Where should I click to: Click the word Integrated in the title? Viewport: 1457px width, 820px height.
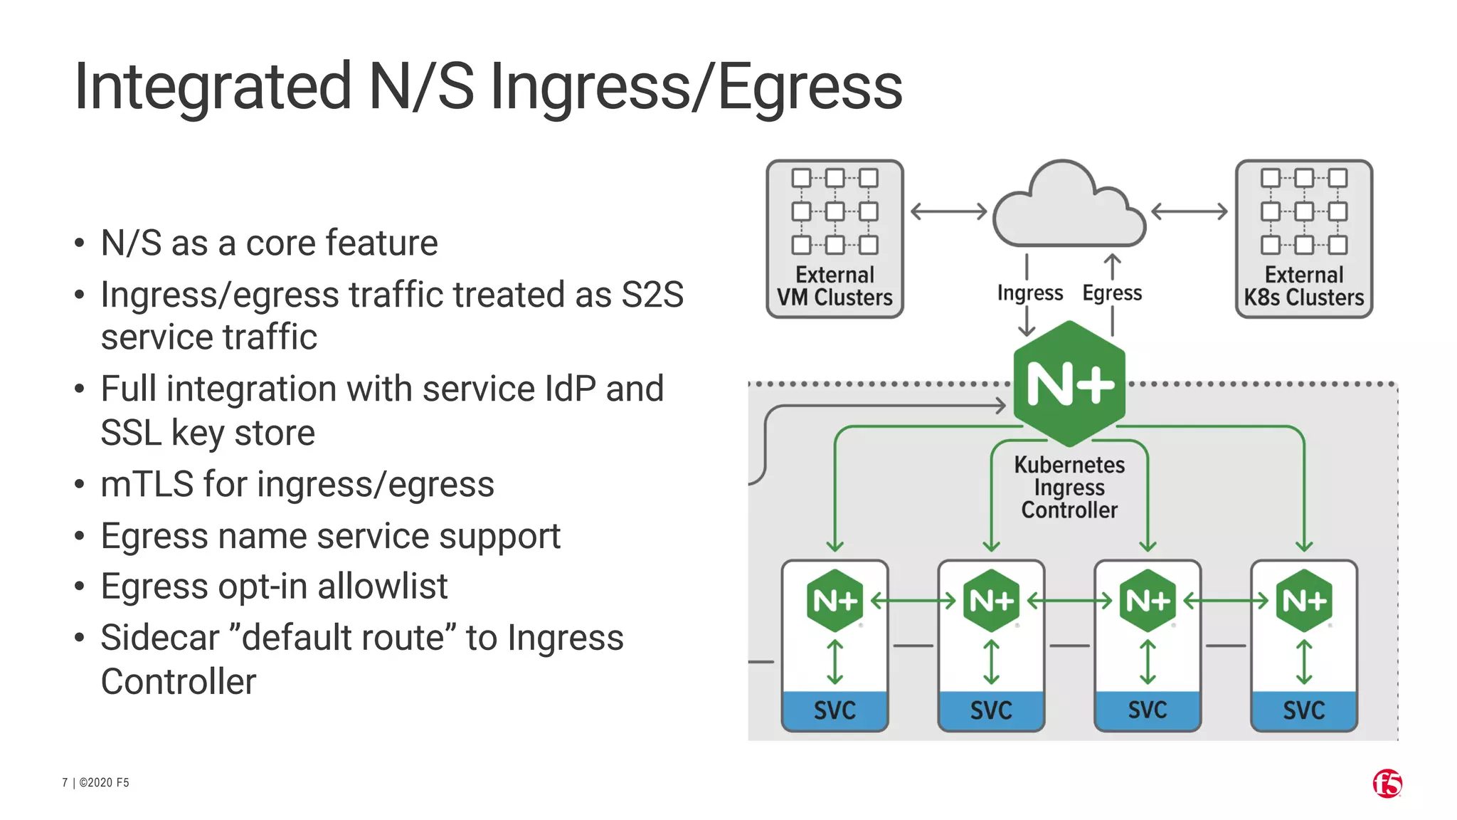[212, 88]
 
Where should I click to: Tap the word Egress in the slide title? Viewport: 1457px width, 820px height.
[810, 88]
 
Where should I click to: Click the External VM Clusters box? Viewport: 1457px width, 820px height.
[835, 239]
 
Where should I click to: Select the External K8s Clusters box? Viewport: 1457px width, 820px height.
[1303, 239]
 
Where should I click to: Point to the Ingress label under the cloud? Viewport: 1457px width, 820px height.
[1029, 293]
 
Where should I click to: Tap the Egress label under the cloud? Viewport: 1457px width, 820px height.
[1112, 293]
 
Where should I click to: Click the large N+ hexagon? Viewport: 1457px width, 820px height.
[1069, 384]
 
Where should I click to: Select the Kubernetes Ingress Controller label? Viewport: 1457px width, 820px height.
[1069, 488]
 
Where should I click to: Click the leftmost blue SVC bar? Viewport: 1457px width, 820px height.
[835, 710]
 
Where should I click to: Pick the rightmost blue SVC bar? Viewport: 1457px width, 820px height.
[1303, 710]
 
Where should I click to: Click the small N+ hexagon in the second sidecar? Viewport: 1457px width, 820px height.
[991, 601]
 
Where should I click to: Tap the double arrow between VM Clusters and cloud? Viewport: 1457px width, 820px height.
[948, 211]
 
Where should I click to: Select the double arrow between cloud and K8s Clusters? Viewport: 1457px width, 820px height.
[1189, 211]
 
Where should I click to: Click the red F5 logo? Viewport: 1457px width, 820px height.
[1387, 784]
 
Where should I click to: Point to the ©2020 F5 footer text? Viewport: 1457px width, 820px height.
[104, 783]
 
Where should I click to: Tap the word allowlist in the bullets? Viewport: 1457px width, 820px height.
[382, 587]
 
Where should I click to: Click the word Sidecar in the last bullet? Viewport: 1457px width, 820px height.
[159, 638]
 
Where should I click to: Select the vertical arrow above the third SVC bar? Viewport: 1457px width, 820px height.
[1148, 662]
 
